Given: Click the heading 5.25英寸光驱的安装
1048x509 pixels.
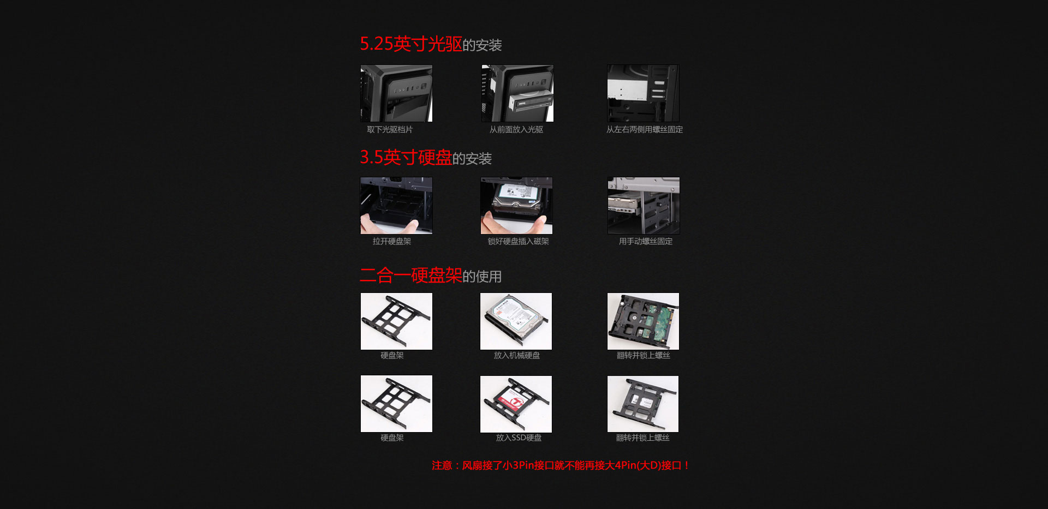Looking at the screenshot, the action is tap(431, 44).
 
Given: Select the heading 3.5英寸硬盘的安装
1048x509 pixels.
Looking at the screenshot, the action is tap(426, 158).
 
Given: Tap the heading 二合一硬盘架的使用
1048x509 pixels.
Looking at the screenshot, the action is tap(431, 276).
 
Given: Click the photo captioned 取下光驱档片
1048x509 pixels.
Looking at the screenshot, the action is tap(396, 93).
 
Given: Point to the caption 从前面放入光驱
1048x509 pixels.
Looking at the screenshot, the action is tap(516, 130).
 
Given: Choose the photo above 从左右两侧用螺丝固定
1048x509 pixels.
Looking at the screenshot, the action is tap(644, 93).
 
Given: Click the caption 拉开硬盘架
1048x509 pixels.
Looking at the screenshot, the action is tap(392, 242).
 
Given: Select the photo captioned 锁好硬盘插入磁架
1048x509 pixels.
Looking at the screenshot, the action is tap(516, 206).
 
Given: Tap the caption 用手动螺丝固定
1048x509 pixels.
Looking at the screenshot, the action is tap(646, 242).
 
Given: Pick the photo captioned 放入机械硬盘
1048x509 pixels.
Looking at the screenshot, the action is tap(516, 321).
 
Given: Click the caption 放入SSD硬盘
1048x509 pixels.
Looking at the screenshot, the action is tap(519, 438).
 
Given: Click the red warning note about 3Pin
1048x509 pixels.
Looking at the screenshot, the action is tap(561, 465).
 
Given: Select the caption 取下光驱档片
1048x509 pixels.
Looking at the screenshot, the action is tap(390, 130).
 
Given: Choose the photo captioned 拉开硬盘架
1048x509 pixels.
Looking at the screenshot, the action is tap(396, 206).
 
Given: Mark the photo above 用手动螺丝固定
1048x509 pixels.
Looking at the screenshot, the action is tap(644, 206).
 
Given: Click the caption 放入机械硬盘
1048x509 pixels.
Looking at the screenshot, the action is tap(517, 356).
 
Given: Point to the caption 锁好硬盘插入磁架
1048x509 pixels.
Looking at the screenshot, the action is tap(518, 242).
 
